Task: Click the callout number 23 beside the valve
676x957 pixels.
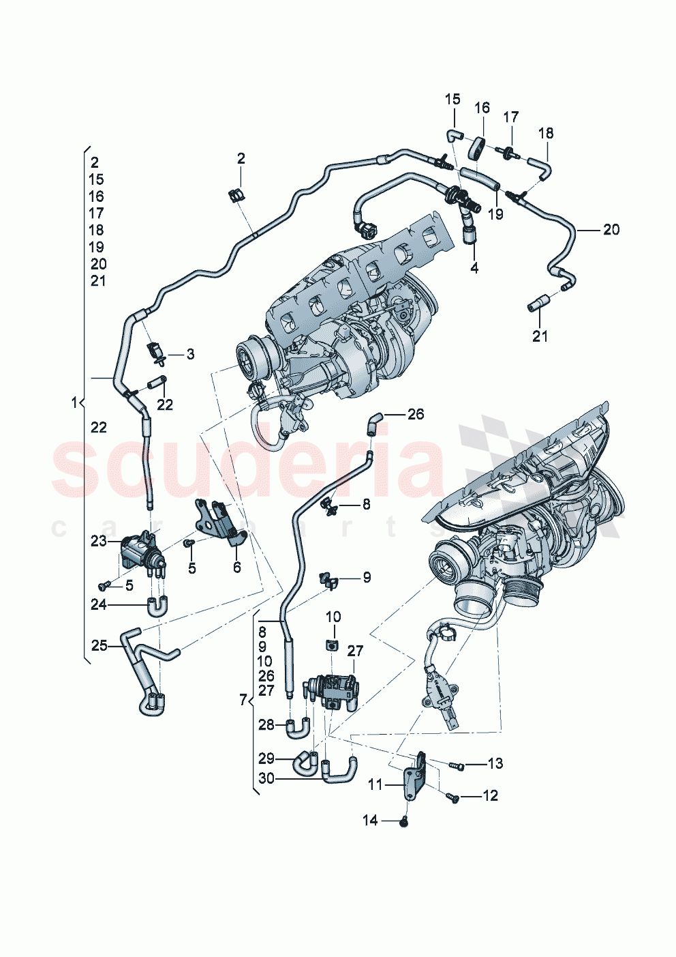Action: [99, 541]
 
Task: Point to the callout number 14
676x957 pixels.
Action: [370, 821]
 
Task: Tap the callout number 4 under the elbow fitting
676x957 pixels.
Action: [474, 268]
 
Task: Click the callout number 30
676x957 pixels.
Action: [266, 778]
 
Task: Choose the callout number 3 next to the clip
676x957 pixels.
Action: [191, 354]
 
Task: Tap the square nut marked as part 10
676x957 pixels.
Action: [332, 645]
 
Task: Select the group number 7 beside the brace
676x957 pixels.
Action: [243, 700]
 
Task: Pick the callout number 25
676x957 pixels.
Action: [99, 645]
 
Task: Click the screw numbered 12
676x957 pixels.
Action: [453, 797]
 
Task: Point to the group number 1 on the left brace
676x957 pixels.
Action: [74, 403]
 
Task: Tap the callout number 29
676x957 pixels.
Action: [266, 759]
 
